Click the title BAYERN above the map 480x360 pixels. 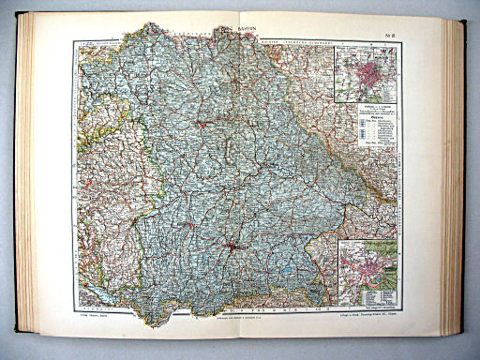point(246,31)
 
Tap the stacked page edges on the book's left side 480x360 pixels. point(22,178)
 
